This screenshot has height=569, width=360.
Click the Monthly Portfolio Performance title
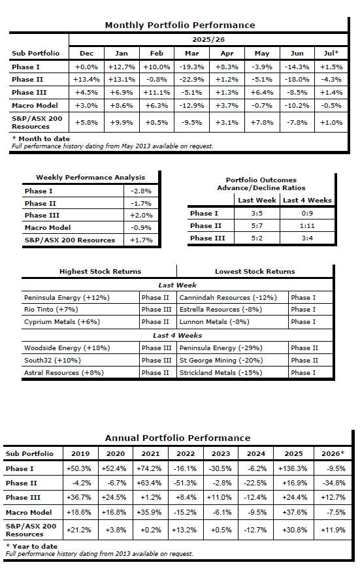(x=180, y=25)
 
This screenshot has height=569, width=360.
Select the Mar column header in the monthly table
(x=191, y=54)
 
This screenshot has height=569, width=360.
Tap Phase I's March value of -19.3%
(x=191, y=67)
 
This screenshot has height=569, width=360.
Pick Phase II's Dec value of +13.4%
(x=86, y=80)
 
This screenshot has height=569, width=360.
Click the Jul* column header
(x=331, y=53)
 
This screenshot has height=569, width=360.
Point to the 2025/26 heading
(x=208, y=40)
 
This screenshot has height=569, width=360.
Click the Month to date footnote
(x=41, y=138)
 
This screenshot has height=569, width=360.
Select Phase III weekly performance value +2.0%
(x=141, y=215)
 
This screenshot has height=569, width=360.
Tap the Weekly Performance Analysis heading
(x=90, y=178)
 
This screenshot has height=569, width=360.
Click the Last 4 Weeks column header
(x=307, y=201)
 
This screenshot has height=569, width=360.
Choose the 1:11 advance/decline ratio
(x=307, y=226)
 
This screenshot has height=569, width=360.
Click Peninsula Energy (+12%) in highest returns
(x=67, y=297)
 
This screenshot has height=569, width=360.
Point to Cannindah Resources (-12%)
(x=228, y=297)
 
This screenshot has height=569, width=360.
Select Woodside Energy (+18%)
(x=67, y=348)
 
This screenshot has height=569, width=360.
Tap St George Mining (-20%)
(x=221, y=361)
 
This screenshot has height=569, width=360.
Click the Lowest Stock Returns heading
(x=255, y=272)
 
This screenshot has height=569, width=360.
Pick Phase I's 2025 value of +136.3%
(x=293, y=468)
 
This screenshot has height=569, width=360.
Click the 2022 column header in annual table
(x=186, y=453)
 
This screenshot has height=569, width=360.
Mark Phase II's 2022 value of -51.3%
(x=185, y=483)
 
